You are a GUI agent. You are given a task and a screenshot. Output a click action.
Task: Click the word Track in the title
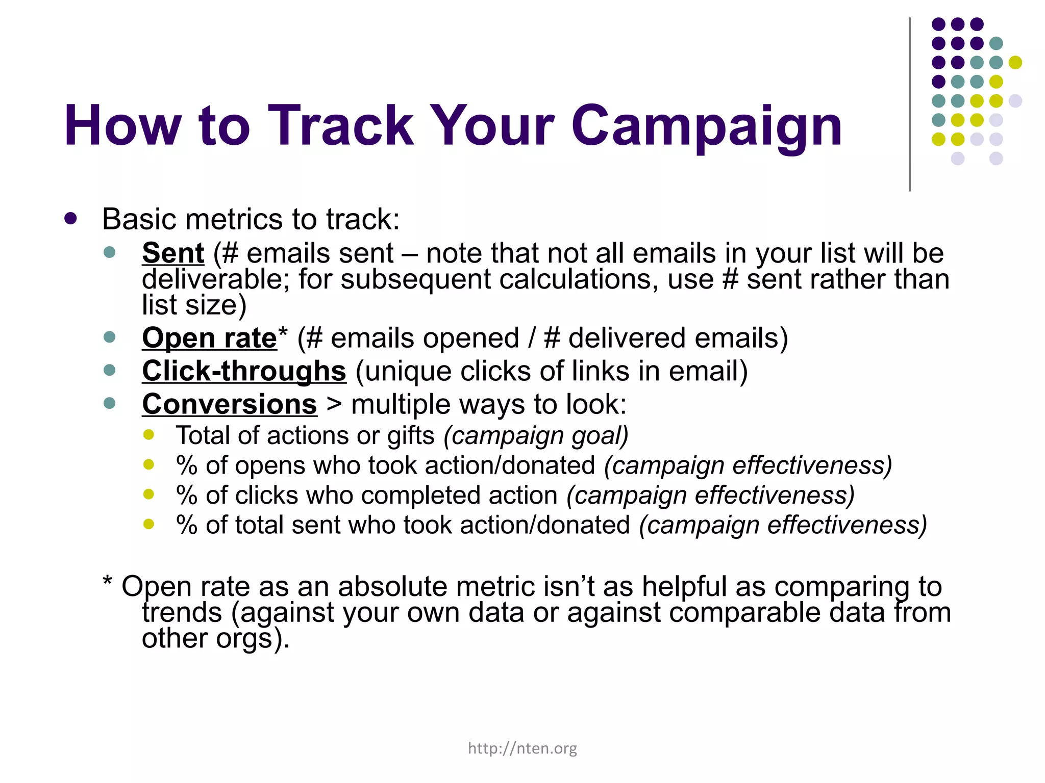coord(340,126)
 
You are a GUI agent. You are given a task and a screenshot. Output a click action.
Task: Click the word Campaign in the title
coord(706,126)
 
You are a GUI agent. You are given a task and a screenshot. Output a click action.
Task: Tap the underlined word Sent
coord(173,253)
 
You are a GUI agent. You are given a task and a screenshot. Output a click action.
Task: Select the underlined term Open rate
coord(209,338)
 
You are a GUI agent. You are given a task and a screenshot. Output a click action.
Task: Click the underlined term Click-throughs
coord(244,371)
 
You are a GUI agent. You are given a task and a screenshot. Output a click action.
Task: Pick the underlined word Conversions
coord(230,404)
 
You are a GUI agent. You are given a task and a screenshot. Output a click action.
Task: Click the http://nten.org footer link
coord(522,748)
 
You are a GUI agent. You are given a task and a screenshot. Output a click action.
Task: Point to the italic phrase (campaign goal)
coord(536,436)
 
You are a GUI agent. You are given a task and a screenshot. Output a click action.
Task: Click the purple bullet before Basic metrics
coord(71,219)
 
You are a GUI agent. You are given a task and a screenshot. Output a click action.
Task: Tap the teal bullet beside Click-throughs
coord(109,370)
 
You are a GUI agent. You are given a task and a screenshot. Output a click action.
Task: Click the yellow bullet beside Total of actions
coord(148,435)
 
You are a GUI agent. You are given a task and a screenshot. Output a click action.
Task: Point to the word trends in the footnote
coord(182,612)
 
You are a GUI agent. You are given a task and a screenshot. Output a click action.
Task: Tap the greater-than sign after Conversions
coord(334,405)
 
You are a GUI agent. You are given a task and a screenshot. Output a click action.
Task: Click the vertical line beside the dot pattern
coord(910,105)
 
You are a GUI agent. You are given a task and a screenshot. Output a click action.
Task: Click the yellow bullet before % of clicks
coord(148,494)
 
